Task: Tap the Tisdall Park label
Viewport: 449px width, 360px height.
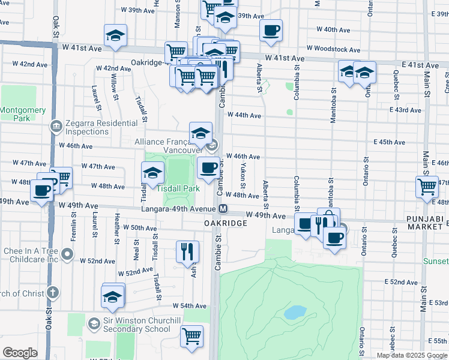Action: pos(182,188)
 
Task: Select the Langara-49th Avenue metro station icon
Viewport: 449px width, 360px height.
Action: pos(223,209)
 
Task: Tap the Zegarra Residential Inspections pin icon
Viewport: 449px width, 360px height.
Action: pos(56,127)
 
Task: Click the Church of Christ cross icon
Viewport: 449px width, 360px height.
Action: pos(53,293)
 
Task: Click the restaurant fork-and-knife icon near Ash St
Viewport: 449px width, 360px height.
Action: pos(187,250)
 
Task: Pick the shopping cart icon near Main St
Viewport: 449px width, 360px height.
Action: pos(427,186)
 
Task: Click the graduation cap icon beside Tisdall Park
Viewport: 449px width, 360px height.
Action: pos(153,173)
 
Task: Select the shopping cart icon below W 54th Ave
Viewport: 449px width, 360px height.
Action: pos(191,335)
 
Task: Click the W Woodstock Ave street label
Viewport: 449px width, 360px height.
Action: pos(333,49)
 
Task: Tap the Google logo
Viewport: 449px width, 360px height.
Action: pos(20,353)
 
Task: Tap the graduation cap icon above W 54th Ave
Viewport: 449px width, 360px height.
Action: pos(113,296)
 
